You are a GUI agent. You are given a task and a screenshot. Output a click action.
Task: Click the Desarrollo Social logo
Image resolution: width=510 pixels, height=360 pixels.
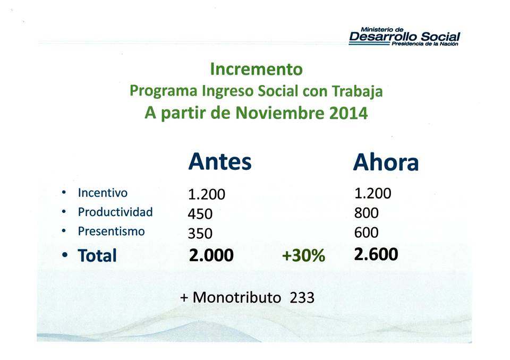pos(404,37)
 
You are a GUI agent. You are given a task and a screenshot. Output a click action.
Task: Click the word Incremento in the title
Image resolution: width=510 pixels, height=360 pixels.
pos(256,69)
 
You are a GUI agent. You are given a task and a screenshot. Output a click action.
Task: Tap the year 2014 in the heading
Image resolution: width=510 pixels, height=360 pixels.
pos(348,113)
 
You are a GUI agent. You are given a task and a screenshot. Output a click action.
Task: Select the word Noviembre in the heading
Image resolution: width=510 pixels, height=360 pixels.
pos(280,113)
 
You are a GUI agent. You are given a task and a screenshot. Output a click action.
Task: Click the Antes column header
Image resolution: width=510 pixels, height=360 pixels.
pos(220,161)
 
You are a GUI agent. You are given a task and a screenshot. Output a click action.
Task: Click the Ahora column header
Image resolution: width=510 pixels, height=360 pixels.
pos(386,162)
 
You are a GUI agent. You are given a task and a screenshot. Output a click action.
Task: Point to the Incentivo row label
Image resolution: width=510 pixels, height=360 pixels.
pos(103,193)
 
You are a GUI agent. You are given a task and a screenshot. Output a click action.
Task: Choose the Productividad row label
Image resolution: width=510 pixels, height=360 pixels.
pos(115,212)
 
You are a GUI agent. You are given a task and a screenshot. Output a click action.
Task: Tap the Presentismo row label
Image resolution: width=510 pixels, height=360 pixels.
pos(111,231)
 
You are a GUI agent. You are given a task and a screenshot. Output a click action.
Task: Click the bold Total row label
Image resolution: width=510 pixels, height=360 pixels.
pos(97,255)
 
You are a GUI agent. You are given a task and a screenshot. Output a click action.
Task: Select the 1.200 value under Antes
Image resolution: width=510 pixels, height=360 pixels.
pos(207,194)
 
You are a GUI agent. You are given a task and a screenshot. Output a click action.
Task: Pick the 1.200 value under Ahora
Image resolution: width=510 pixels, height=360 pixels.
pos(373,193)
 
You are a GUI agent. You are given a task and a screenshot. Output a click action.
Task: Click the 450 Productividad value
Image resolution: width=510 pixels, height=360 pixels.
pos(200,214)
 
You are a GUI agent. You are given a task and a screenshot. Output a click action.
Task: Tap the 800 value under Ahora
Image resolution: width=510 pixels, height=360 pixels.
pos(366,213)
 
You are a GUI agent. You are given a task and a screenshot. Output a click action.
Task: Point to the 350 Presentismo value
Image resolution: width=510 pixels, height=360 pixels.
pos(200,234)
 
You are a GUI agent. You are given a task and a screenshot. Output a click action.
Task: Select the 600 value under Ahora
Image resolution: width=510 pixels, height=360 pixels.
pos(366,233)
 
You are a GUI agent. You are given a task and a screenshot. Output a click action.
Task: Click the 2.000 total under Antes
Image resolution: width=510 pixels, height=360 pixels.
pos(211,255)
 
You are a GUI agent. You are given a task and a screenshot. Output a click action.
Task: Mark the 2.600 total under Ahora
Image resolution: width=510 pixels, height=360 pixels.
pos(376,254)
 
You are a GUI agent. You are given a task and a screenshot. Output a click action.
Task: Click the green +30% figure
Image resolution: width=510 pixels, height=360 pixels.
pos(303,255)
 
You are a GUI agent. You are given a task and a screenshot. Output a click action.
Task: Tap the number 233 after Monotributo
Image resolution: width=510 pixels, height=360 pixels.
pos(302,297)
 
